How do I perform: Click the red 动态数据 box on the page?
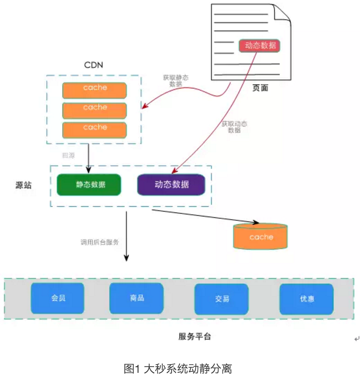coord(259,46)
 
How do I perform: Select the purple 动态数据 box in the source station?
coord(171,185)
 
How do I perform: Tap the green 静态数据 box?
coord(89,185)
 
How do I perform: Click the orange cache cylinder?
coord(261,237)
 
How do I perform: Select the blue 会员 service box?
coord(57,298)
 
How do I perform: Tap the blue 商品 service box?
coord(136,298)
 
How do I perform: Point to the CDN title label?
coord(93,65)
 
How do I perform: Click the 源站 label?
coord(24,185)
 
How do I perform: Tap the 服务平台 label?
coord(195,337)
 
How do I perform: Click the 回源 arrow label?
coord(68,156)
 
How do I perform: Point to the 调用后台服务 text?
coord(100,242)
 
